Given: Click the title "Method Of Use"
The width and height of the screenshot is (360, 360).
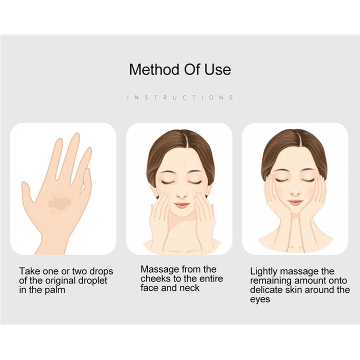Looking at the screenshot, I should (180, 69).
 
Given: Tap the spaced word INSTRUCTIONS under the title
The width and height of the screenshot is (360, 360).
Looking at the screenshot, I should (180, 97).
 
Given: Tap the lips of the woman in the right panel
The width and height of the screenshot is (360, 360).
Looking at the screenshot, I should (296, 202).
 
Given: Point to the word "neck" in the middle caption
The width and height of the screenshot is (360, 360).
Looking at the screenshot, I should (189, 288).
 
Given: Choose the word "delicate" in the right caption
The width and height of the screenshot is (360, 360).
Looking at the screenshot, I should (267, 290).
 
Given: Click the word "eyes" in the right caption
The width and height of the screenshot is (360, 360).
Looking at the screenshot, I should (260, 299).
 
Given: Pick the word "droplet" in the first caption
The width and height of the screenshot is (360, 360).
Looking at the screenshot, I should (92, 280).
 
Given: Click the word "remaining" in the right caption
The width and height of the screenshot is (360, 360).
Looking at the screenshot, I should (273, 281).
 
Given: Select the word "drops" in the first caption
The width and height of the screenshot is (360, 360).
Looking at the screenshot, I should (101, 271).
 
